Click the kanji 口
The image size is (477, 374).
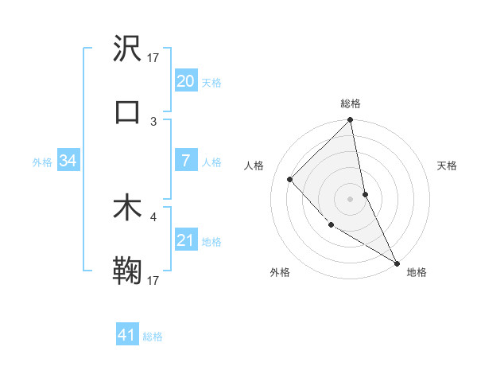click(x=127, y=111)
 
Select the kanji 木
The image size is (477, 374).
click(x=127, y=208)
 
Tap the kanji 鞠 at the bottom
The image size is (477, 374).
click(x=127, y=271)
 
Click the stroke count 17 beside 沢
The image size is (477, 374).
click(x=153, y=57)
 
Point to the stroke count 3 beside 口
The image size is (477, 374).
click(x=153, y=121)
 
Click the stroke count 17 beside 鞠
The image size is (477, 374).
click(x=153, y=281)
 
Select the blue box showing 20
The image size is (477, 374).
click(x=185, y=81)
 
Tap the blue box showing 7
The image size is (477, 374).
click(x=185, y=161)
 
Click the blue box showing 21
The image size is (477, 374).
click(x=185, y=240)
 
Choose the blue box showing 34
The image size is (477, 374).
click(x=68, y=161)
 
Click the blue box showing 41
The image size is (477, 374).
click(x=127, y=335)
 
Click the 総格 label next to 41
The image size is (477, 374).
click(x=153, y=337)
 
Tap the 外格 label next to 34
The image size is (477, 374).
click(x=42, y=162)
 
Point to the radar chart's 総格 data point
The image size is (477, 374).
click(x=350, y=121)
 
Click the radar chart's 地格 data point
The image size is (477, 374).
click(x=396, y=263)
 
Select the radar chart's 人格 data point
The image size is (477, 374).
click(x=290, y=179)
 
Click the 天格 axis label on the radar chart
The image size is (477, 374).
click(x=447, y=166)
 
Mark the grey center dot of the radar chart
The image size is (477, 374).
click(x=350, y=198)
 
